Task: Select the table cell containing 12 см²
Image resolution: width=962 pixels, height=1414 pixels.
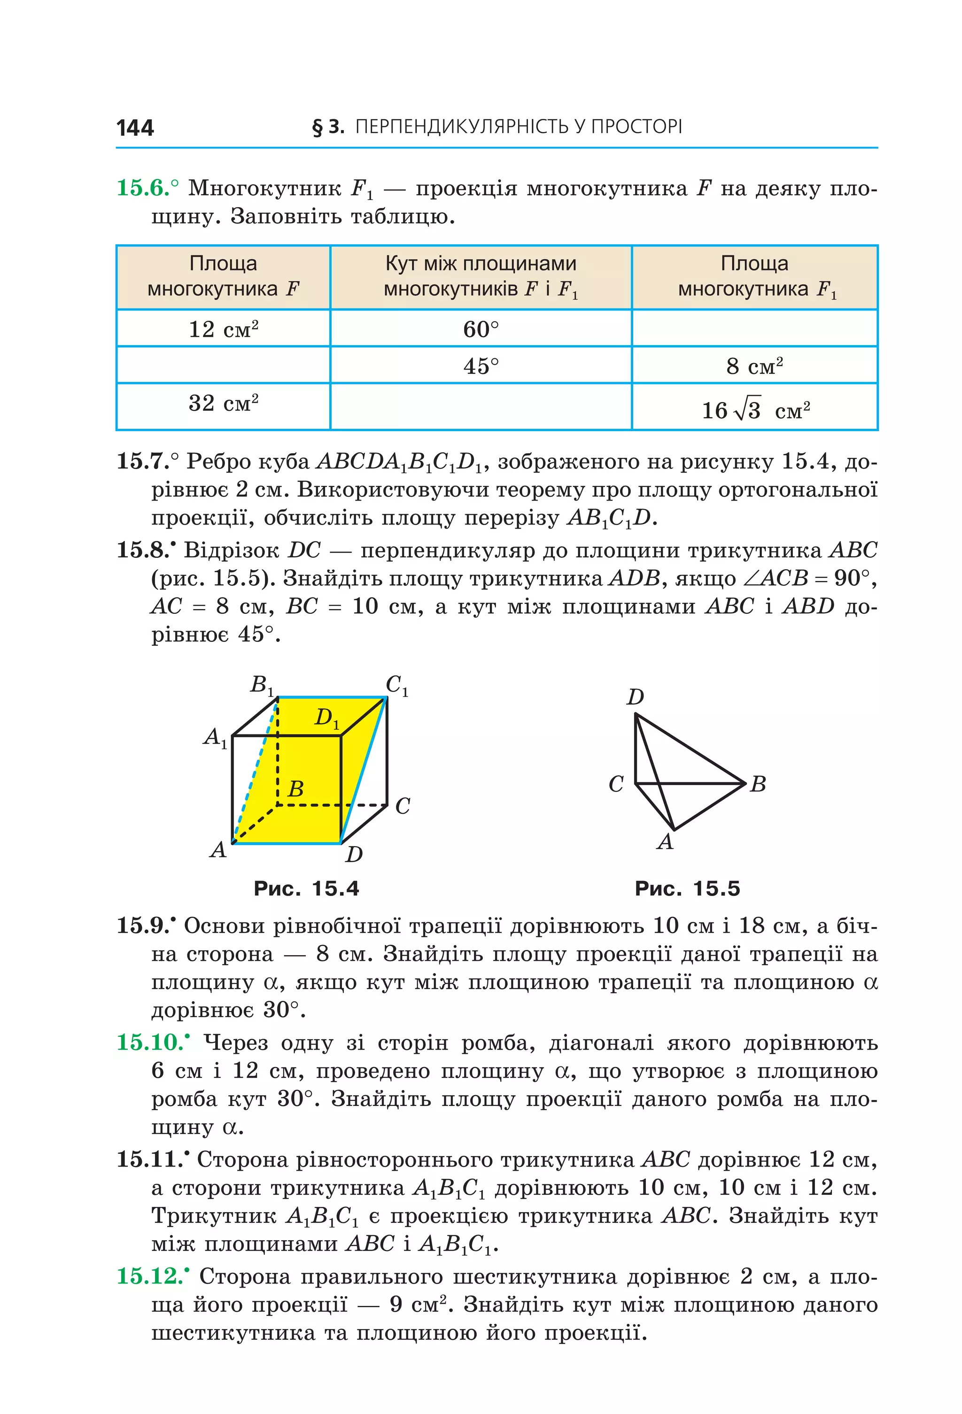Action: [x=223, y=329]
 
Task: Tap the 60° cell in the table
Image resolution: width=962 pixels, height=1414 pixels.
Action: [x=480, y=329]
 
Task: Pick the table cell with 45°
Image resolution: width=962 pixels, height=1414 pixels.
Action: [x=480, y=366]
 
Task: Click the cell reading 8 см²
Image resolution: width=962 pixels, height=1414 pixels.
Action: [x=754, y=366]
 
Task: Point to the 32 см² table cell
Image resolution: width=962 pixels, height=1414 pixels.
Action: [x=223, y=403]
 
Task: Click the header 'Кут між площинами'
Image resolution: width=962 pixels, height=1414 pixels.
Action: [x=480, y=263]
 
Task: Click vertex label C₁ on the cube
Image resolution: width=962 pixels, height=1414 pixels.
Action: [x=396, y=685]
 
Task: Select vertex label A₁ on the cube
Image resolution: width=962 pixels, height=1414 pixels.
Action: [x=215, y=737]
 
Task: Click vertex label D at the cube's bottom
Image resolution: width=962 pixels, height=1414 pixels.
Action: [x=354, y=854]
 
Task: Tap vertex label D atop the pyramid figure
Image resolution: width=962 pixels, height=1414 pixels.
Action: [x=635, y=696]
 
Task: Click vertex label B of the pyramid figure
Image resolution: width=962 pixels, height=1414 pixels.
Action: [x=758, y=784]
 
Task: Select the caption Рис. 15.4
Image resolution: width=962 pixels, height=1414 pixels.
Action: [x=306, y=889]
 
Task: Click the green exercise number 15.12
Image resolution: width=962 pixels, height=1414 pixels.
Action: [x=150, y=1276]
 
